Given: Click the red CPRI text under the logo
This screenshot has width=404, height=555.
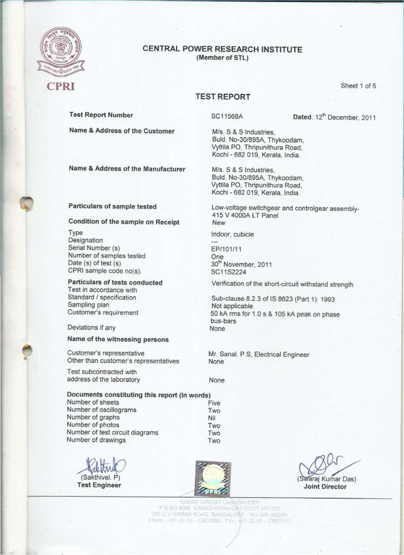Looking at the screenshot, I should (61, 86).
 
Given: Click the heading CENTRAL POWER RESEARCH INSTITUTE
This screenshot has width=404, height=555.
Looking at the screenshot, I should (222, 49).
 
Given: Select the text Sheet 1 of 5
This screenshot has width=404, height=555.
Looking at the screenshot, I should (358, 86).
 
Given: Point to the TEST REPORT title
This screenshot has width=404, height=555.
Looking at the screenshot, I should (223, 97).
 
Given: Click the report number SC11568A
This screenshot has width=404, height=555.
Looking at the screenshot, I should (227, 117).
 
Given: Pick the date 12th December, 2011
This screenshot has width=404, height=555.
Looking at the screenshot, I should (345, 117).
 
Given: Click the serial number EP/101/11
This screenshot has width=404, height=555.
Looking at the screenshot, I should (227, 249).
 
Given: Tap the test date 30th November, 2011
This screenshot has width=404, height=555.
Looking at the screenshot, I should (241, 264).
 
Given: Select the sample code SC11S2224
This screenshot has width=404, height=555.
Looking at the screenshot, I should (229, 272).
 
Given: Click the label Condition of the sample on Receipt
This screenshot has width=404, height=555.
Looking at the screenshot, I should (124, 222).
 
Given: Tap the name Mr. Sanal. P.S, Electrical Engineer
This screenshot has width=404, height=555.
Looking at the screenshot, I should (259, 354).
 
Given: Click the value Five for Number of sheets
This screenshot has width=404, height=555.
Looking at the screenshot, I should (214, 403).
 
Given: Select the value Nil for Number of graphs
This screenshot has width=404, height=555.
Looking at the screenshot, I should (212, 418).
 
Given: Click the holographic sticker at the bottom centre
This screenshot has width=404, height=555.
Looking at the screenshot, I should (213, 478).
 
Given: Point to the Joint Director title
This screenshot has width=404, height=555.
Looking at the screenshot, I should (325, 487).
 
